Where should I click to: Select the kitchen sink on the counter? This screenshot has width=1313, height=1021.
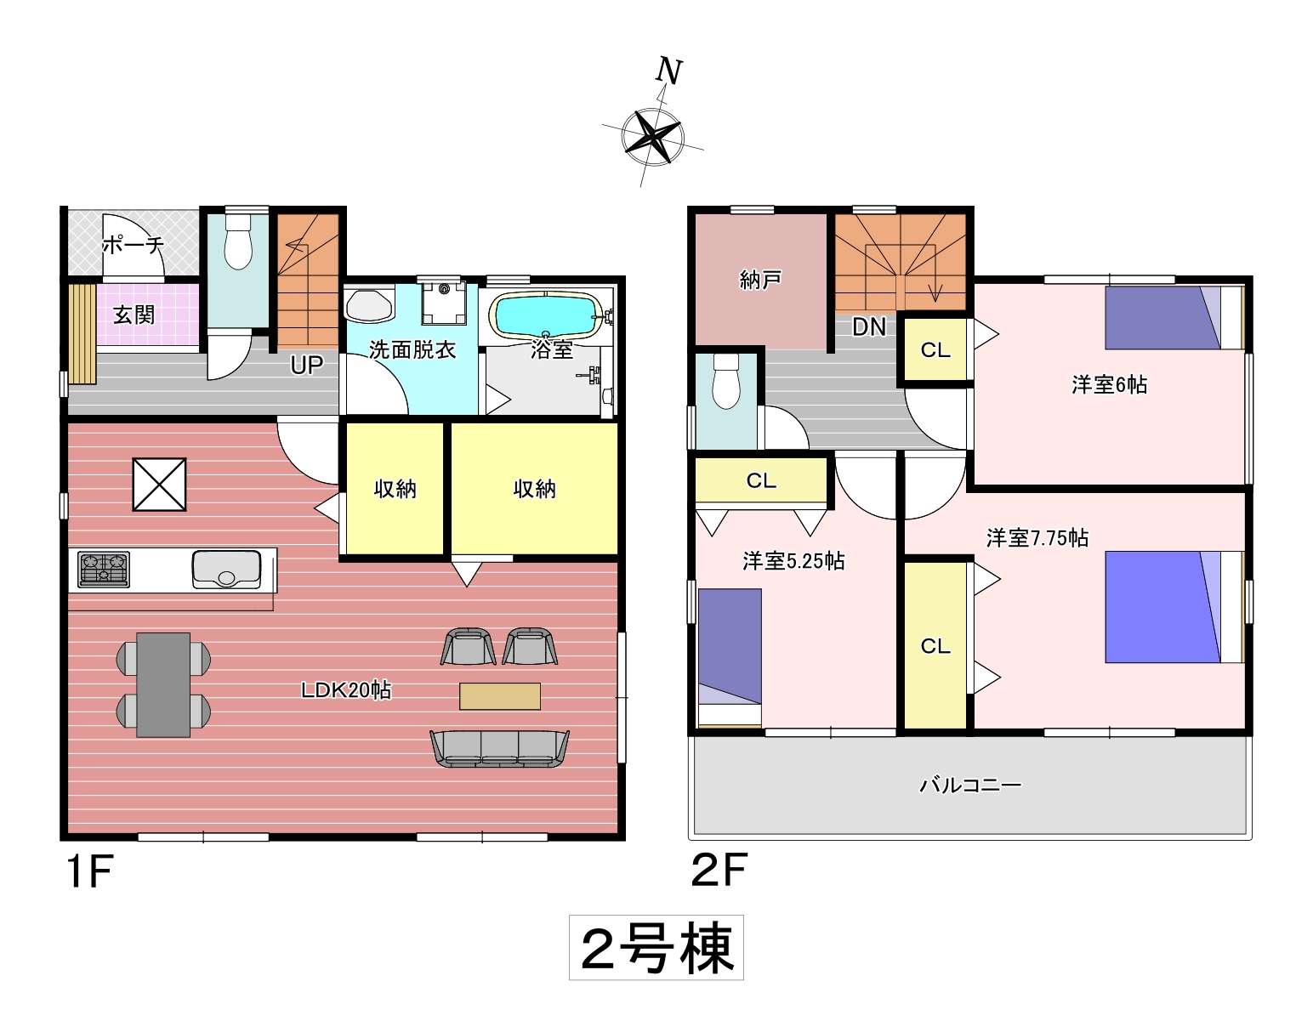tap(226, 569)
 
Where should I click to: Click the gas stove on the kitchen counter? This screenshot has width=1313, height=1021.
tap(104, 570)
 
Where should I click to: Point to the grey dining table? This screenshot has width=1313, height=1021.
tap(163, 684)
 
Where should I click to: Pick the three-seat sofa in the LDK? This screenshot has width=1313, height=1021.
tap(500, 748)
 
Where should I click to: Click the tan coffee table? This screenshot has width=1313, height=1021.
tap(500, 696)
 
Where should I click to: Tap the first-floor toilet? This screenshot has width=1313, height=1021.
tap(238, 241)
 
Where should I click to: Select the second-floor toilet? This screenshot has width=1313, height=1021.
tap(725, 381)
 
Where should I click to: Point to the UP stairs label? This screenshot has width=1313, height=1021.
tap(307, 365)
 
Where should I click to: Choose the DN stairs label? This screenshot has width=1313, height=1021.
tap(869, 327)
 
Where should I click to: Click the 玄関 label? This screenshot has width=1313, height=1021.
tap(134, 315)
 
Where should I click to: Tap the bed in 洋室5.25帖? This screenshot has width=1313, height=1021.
tap(730, 657)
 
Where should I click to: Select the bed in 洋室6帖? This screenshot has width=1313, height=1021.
tap(1174, 318)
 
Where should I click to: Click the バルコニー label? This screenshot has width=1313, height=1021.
tap(970, 785)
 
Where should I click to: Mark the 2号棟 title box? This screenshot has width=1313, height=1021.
tap(656, 947)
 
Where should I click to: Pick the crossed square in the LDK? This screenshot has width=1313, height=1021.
tap(160, 485)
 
